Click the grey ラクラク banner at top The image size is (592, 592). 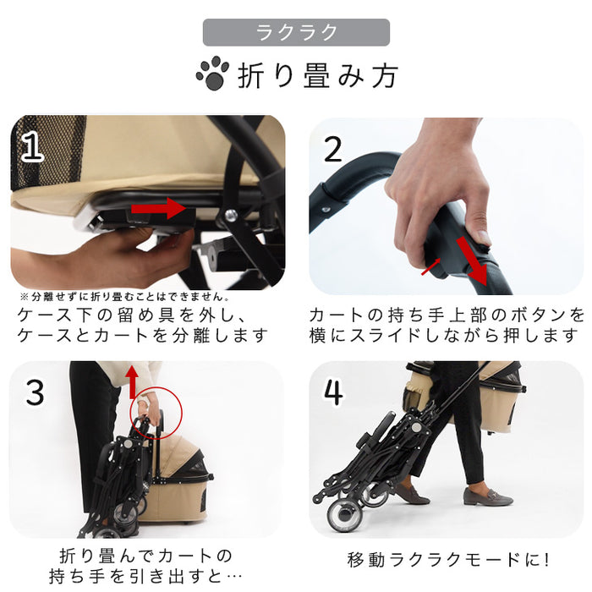coord(296,33)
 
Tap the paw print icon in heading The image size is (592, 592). coord(211,74)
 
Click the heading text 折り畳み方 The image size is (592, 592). coord(317,75)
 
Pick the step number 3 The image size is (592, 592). coord(35,392)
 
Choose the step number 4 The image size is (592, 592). coord(333,392)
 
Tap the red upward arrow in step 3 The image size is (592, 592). coord(132,381)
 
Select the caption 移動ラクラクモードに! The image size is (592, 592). coord(448,560)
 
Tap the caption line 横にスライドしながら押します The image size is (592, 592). coord(447,336)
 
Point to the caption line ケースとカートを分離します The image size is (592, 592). coord(143,336)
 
